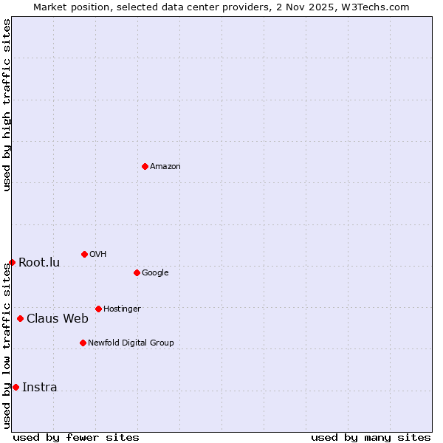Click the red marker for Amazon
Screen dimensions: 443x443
click(x=145, y=166)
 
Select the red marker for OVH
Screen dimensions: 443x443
click(x=84, y=254)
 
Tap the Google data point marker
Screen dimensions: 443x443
click(x=137, y=272)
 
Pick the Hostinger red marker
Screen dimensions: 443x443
click(x=98, y=309)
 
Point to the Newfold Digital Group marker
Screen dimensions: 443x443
click(x=83, y=343)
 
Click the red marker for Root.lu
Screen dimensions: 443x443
click(x=12, y=262)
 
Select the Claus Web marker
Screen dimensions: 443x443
click(x=20, y=318)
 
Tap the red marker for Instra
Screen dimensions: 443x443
click(x=16, y=387)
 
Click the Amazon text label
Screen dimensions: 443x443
click(x=165, y=167)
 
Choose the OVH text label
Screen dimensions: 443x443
click(x=98, y=255)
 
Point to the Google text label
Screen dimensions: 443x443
click(x=155, y=273)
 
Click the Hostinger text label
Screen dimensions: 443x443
click(x=122, y=309)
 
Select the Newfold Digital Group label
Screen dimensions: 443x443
click(x=131, y=343)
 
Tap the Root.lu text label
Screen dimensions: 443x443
click(x=39, y=263)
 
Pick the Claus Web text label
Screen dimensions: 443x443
click(x=58, y=319)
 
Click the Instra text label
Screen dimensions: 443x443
click(x=40, y=388)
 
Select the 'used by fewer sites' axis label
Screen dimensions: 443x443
click(x=76, y=437)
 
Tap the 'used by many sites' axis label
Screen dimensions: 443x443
click(x=371, y=437)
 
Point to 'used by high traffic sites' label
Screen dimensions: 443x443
click(x=7, y=106)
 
